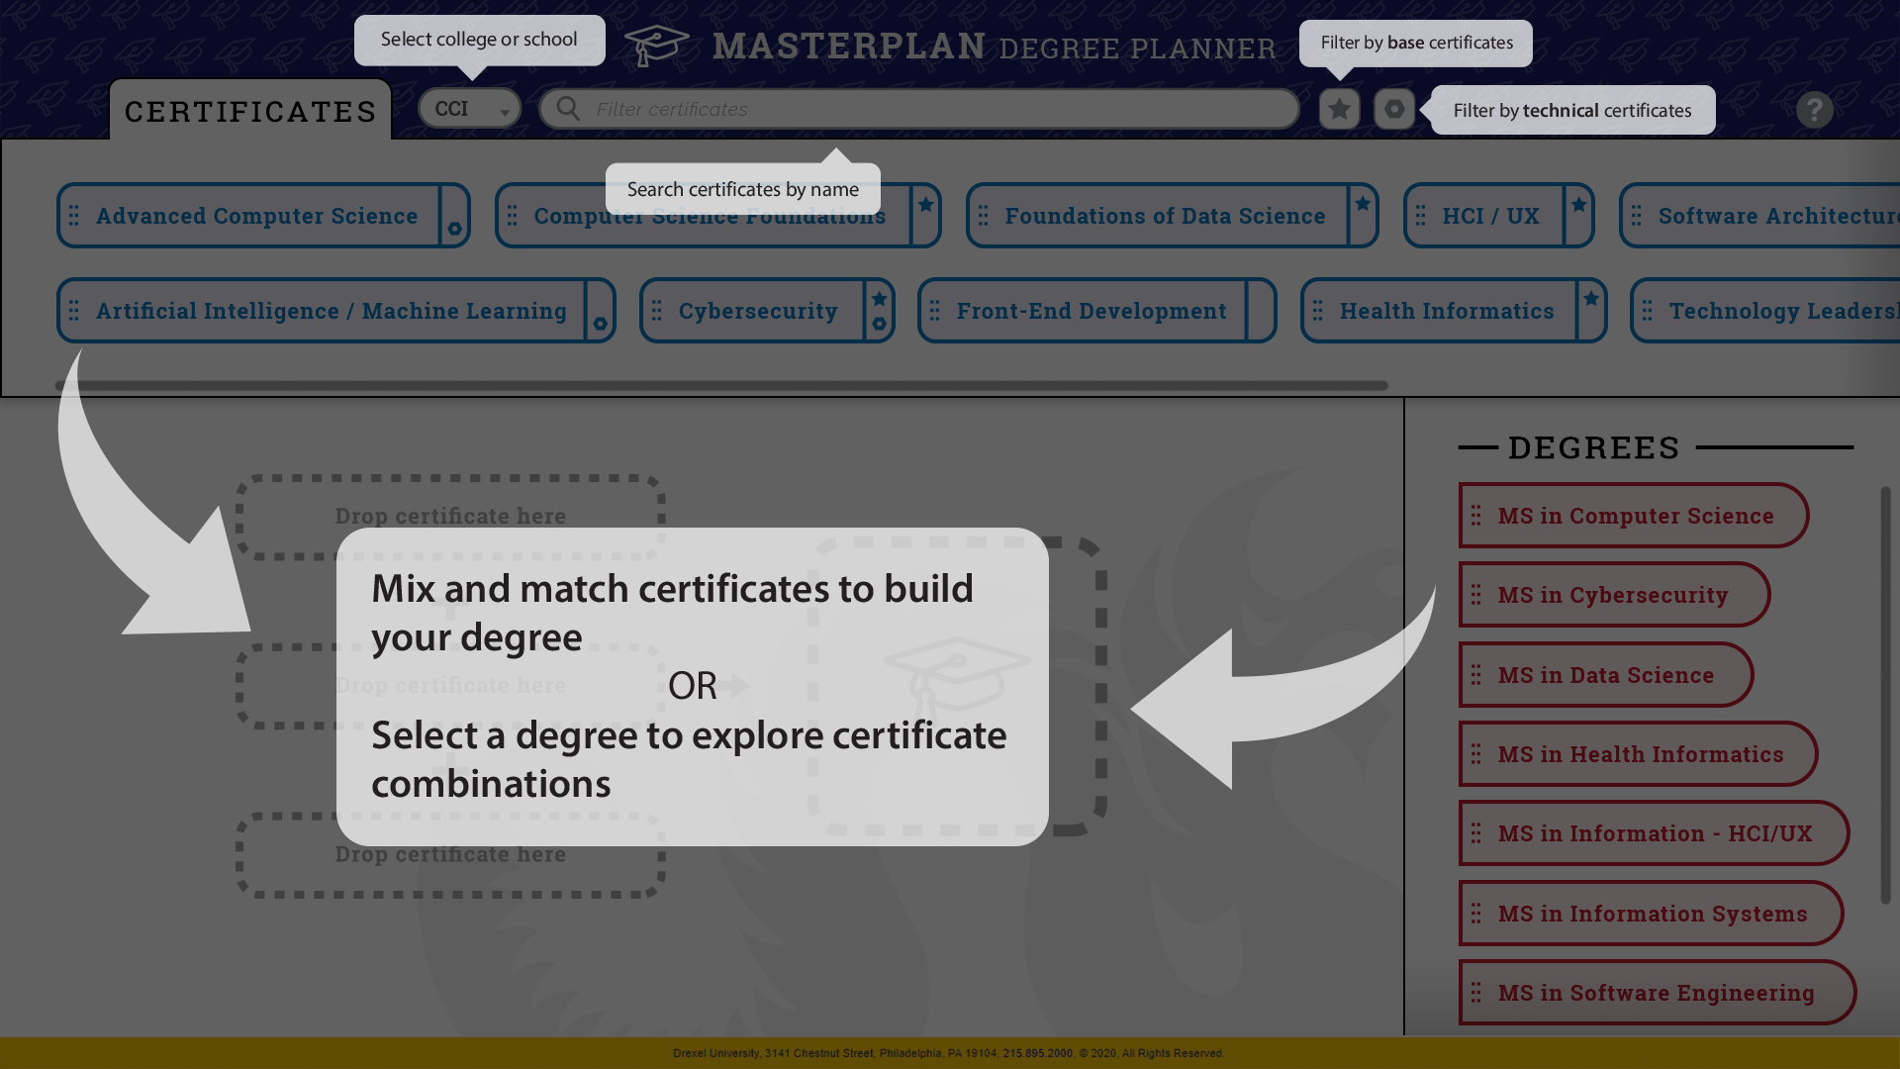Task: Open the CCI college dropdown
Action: (469, 109)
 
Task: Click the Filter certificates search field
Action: (920, 109)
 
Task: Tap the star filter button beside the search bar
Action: (1339, 109)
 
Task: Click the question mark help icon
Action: (1814, 110)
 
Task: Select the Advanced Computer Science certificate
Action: (256, 216)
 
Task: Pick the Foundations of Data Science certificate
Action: (1165, 216)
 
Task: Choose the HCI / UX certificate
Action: (1490, 216)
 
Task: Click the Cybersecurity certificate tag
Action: (758, 311)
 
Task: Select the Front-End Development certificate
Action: (1091, 311)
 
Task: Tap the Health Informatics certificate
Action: (1446, 311)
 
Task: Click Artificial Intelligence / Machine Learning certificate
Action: (331, 311)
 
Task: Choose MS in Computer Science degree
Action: (1635, 516)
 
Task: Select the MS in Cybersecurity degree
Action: (1612, 595)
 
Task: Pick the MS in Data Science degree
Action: (1605, 675)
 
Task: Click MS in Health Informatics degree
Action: (1640, 754)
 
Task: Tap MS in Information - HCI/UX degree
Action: (1655, 833)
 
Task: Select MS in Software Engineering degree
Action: (1656, 993)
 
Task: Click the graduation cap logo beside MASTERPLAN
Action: (656, 46)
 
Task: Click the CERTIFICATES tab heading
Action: (250, 111)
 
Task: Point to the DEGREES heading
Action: (1593, 447)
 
